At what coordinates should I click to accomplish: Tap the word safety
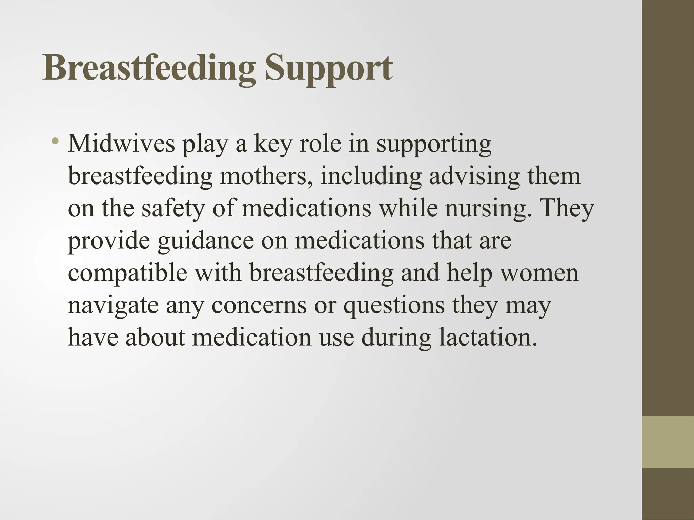tap(173, 209)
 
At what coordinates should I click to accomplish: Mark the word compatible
tap(127, 274)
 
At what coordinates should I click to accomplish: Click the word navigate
tap(113, 306)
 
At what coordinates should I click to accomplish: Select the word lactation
tap(488, 338)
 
